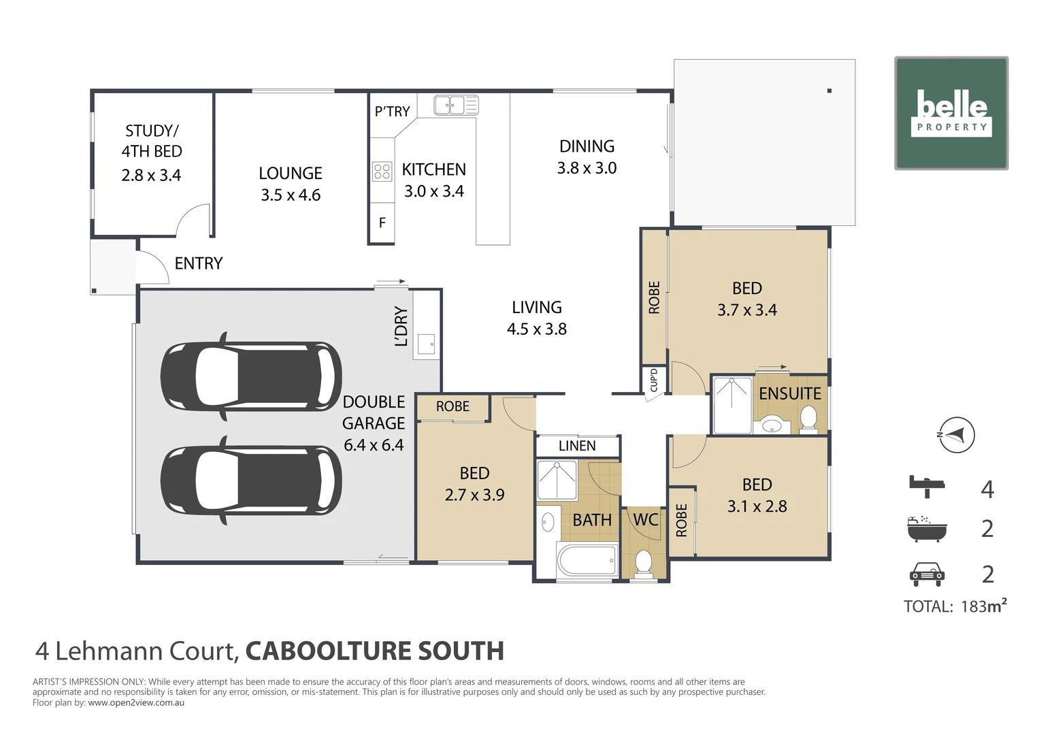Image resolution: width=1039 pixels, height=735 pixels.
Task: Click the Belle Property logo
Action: coord(951,113)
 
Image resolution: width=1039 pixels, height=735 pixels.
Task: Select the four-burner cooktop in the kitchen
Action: coord(382,171)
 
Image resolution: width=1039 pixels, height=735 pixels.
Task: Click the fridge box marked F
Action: coord(382,223)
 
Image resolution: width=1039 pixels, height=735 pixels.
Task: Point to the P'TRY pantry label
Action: coord(392,112)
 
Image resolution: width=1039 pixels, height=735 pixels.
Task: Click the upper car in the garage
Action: coord(251,376)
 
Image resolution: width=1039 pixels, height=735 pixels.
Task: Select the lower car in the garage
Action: coord(251,480)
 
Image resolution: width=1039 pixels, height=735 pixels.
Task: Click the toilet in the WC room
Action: coord(643,562)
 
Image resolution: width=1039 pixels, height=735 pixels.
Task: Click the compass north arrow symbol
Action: coord(955,435)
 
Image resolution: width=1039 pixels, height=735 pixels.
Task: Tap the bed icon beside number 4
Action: coord(927,485)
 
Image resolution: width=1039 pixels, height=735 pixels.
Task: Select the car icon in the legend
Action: coord(927,574)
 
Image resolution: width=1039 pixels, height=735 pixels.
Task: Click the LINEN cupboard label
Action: coord(577,446)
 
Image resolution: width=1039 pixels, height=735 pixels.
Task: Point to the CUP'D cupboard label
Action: coord(654,380)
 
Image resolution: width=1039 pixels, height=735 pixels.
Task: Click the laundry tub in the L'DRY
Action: coord(427,344)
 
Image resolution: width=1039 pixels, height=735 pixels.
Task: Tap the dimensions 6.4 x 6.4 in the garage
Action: coord(374,445)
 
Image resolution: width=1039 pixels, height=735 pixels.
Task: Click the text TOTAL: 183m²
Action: coord(955,606)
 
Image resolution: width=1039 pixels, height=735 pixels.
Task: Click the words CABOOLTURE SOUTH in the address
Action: coord(374,651)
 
